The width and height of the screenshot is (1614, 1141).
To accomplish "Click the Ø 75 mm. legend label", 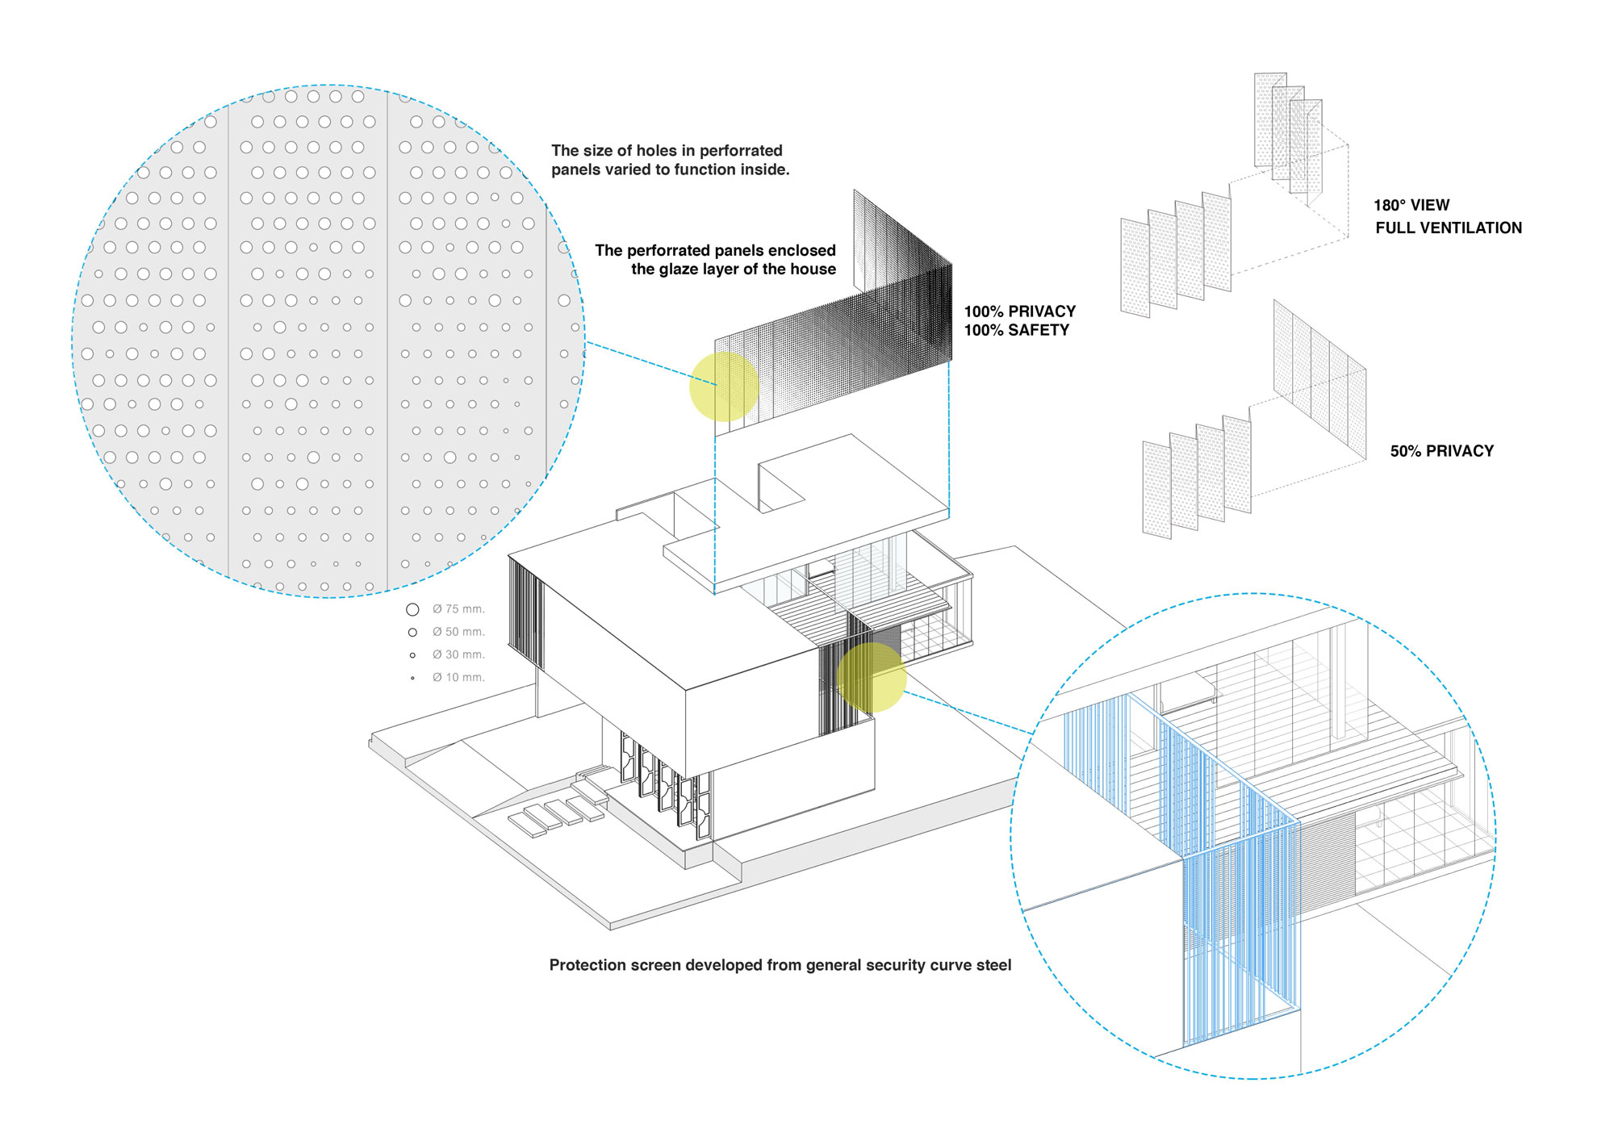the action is tap(458, 609).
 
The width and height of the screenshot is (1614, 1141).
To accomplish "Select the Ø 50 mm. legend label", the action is tap(458, 632).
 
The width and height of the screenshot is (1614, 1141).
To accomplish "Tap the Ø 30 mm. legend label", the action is tap(458, 654).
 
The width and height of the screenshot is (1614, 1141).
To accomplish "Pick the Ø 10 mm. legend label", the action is tap(458, 677).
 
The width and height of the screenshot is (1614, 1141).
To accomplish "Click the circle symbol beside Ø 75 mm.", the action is tap(412, 609).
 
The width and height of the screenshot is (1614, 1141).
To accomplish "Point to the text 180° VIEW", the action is tap(1411, 205).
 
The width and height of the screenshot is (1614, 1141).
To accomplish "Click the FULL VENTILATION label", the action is tap(1449, 228).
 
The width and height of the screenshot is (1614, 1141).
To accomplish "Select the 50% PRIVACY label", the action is tap(1441, 451).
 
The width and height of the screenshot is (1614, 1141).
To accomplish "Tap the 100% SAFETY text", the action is tap(1016, 330).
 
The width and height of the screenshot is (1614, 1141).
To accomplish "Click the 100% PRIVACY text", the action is tap(1020, 311).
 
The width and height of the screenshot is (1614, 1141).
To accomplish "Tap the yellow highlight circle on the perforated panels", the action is tap(724, 387).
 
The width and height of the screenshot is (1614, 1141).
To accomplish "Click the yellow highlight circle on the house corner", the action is tap(871, 677).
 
